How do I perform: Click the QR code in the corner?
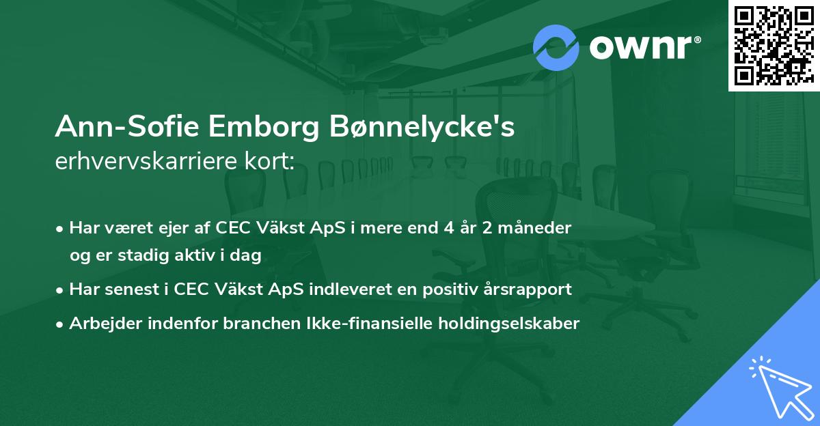point(774,45)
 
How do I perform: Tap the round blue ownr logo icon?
point(556,48)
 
